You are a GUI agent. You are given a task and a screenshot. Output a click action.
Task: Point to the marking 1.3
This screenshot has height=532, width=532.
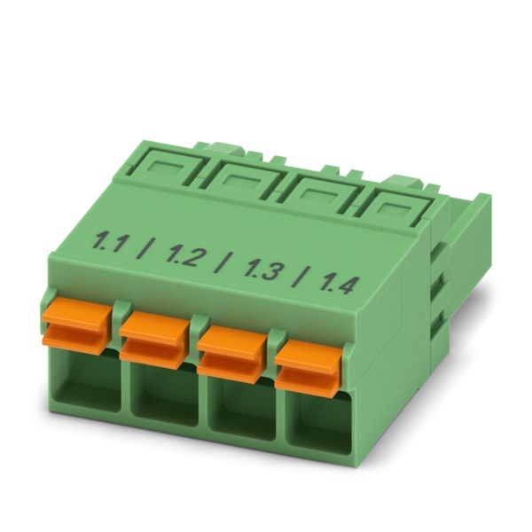click(262, 269)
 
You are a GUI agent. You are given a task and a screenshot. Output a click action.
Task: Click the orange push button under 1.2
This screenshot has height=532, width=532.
click(154, 340)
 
